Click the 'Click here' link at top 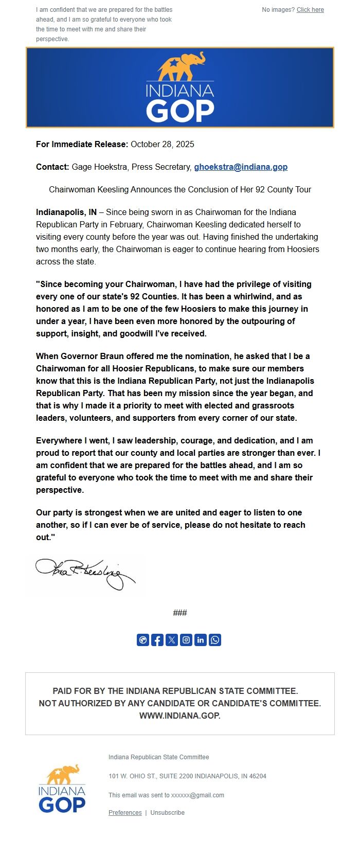click(310, 10)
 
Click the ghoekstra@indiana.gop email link click(241, 167)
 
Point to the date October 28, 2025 click(163, 144)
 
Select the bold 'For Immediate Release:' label click(82, 144)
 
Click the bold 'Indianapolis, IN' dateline click(66, 212)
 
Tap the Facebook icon click(157, 640)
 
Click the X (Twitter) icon click(172, 640)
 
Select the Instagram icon click(186, 640)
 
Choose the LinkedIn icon click(201, 640)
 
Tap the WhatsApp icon click(215, 640)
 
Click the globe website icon click(143, 640)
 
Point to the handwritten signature click(85, 573)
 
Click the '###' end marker click(180, 613)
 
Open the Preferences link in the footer click(125, 813)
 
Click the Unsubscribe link click(167, 813)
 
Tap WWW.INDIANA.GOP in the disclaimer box click(180, 716)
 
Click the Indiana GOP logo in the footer click(62, 789)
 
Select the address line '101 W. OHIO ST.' click(187, 776)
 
